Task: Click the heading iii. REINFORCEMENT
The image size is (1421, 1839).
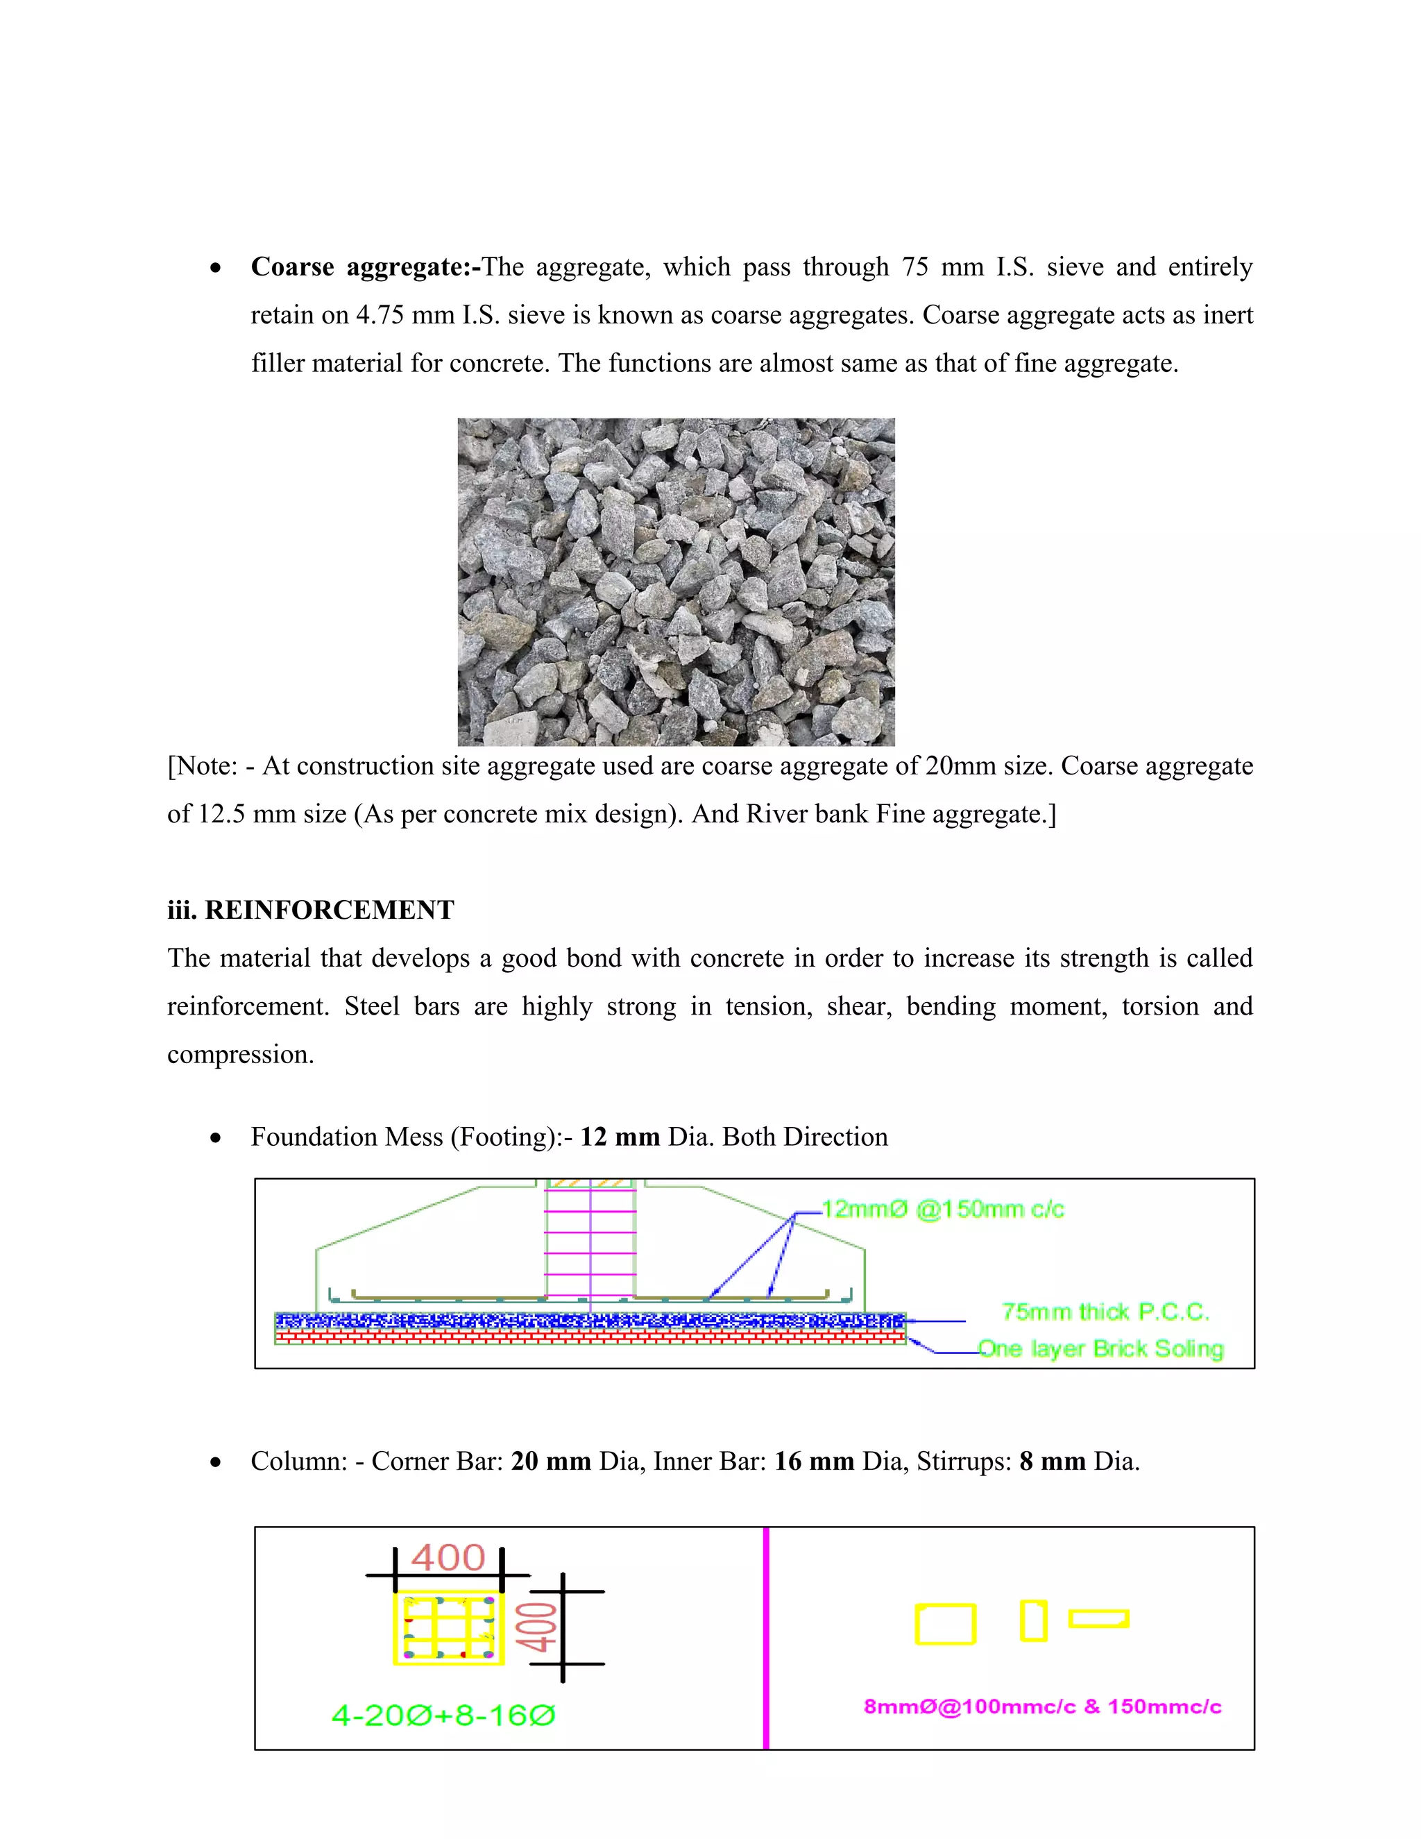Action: tap(311, 910)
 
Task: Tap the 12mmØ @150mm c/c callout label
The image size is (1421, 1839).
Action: tap(942, 1210)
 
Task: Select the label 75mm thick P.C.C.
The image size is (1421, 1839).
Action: tap(1105, 1312)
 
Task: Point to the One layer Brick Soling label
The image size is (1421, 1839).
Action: tap(1100, 1349)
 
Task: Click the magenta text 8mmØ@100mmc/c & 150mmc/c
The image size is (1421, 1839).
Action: tap(1042, 1707)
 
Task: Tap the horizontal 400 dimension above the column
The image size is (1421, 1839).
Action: tap(448, 1559)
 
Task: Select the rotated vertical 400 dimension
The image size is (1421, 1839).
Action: tap(536, 1627)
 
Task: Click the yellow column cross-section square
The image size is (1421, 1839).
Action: tap(449, 1627)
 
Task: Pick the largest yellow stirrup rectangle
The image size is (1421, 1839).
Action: tap(946, 1625)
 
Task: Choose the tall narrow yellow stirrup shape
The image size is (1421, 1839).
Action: tap(1033, 1621)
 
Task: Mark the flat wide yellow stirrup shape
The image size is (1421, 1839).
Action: tap(1098, 1618)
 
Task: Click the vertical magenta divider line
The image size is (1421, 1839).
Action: tap(766, 1638)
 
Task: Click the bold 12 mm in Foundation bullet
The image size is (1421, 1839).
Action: tap(620, 1137)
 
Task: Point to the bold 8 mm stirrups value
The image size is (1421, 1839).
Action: tap(1053, 1461)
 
